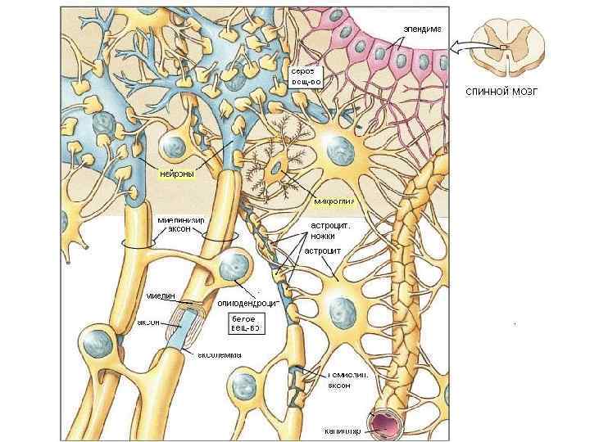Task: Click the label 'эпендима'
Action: pos(421,29)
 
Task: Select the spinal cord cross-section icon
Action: pos(506,49)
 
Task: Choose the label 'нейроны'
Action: pos(177,174)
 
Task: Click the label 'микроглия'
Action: pos(334,201)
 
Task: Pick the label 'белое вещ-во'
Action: pos(245,323)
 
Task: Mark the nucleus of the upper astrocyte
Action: pos(336,150)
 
